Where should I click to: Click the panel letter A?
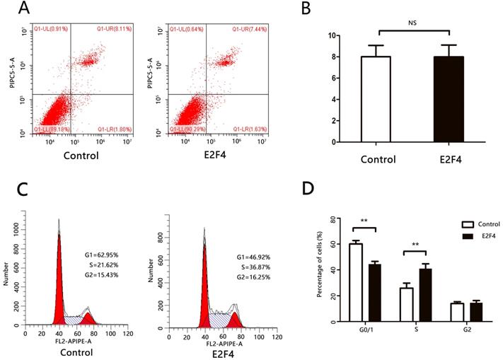coord(24,10)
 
